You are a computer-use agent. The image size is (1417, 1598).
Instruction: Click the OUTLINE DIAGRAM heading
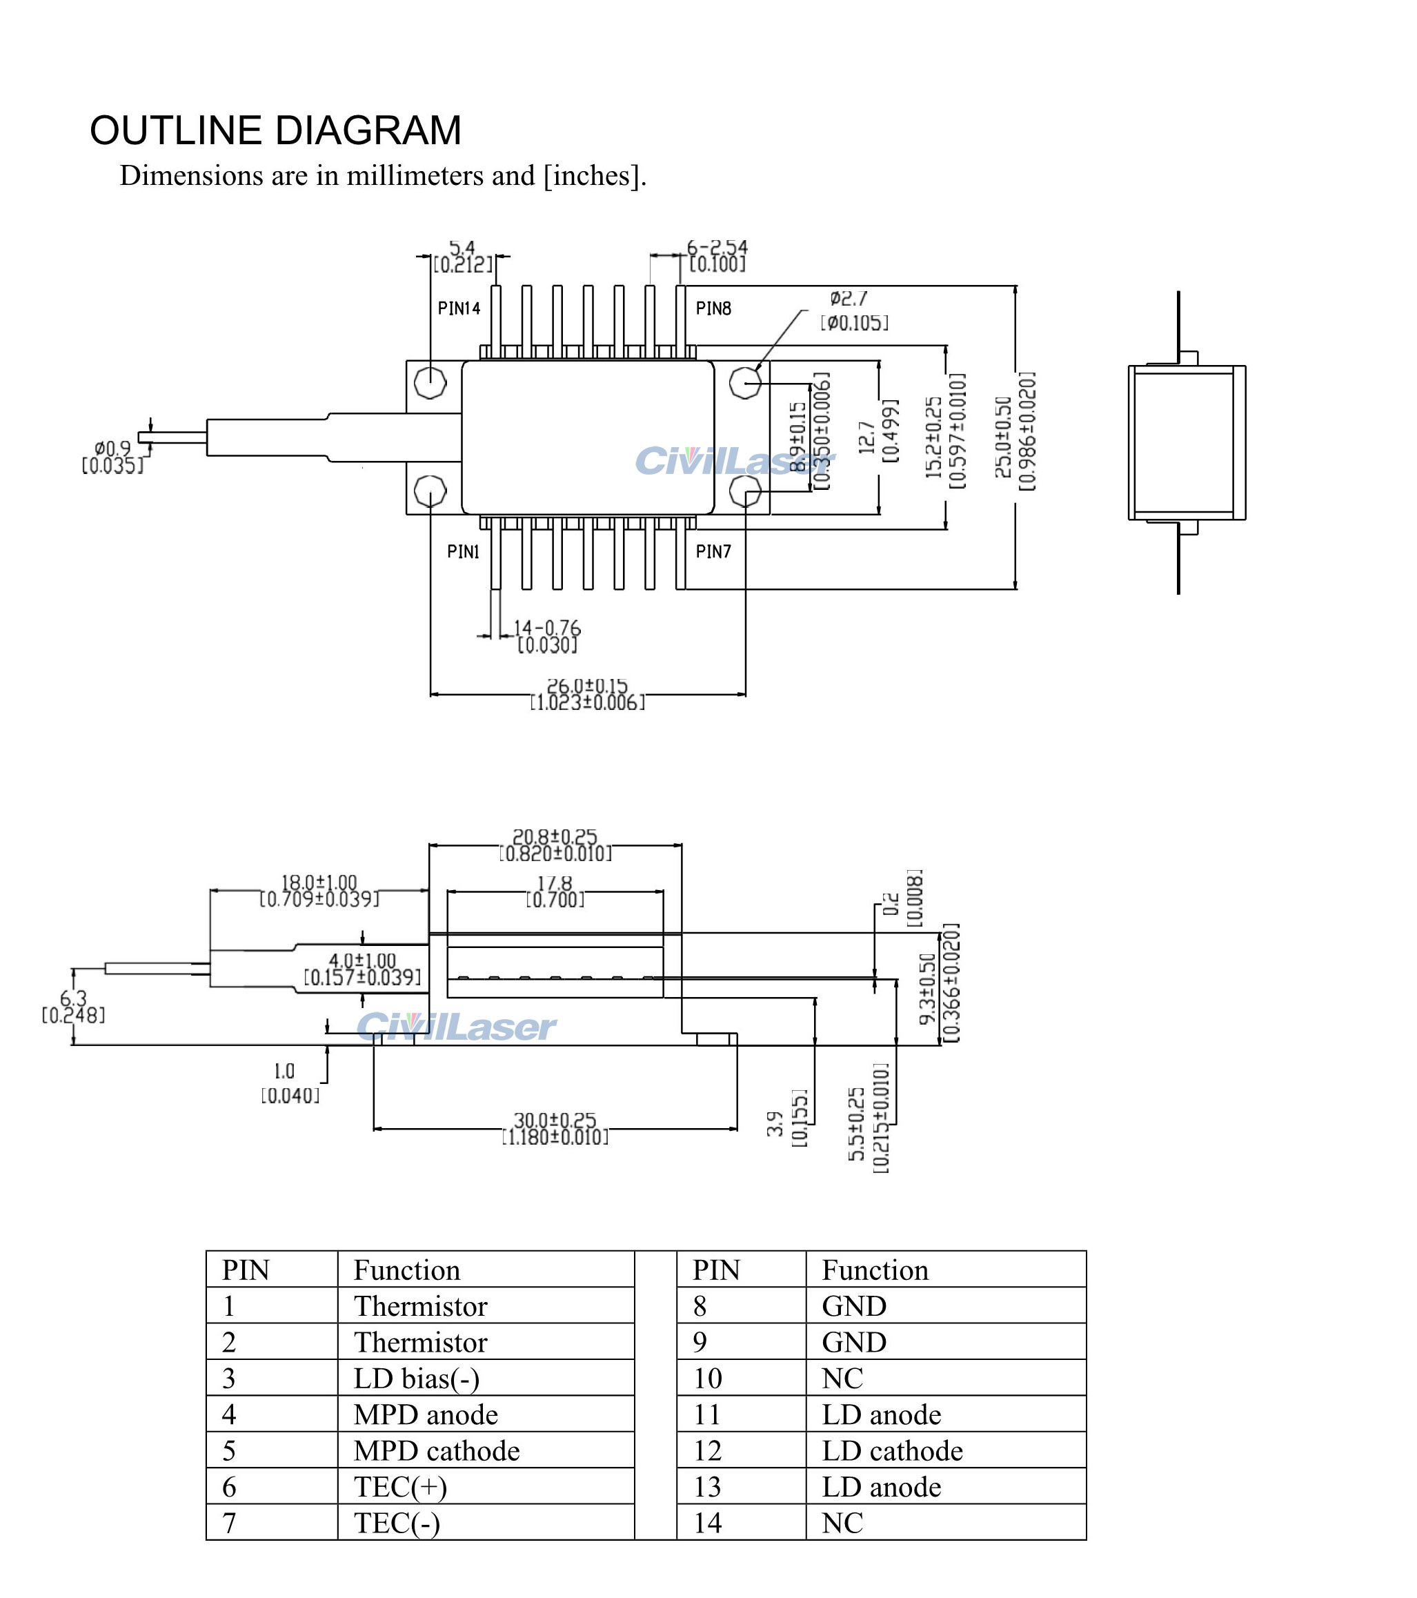pyautogui.click(x=275, y=130)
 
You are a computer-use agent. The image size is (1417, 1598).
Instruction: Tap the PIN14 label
pyautogui.click(x=459, y=309)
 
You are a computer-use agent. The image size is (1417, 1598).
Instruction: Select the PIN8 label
pyautogui.click(x=713, y=309)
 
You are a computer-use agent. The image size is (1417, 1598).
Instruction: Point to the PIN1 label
pyautogui.click(x=463, y=552)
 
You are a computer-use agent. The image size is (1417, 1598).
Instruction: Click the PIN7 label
pyautogui.click(x=713, y=552)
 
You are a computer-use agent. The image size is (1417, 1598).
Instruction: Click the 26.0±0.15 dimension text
pyautogui.click(x=587, y=687)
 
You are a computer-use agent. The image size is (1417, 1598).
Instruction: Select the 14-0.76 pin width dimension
pyautogui.click(x=547, y=629)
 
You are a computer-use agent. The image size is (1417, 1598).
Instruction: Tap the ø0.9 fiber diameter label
pyautogui.click(x=112, y=448)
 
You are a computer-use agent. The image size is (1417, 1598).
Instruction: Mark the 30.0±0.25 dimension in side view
pyautogui.click(x=554, y=1121)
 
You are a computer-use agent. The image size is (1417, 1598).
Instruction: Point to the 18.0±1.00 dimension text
pyautogui.click(x=319, y=883)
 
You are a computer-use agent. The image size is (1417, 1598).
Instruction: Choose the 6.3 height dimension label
pyautogui.click(x=72, y=999)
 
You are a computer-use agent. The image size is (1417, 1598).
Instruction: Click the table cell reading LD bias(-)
pyautogui.click(x=416, y=1379)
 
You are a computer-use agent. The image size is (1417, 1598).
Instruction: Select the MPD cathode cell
pyautogui.click(x=436, y=1451)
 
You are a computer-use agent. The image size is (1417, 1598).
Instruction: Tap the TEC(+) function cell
pyautogui.click(x=400, y=1487)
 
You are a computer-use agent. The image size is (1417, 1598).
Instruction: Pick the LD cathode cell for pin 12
pyautogui.click(x=892, y=1451)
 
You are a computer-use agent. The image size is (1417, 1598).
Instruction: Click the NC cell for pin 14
pyautogui.click(x=842, y=1523)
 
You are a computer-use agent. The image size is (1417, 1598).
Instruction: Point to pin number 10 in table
pyautogui.click(x=707, y=1379)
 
